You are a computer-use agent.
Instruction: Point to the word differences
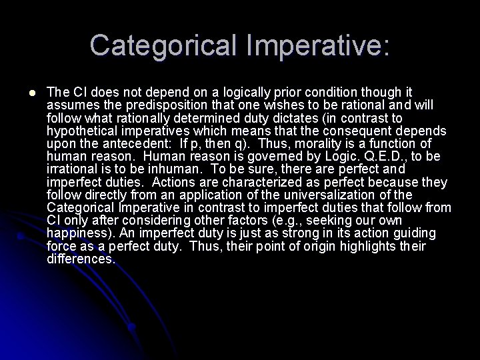(81, 259)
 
